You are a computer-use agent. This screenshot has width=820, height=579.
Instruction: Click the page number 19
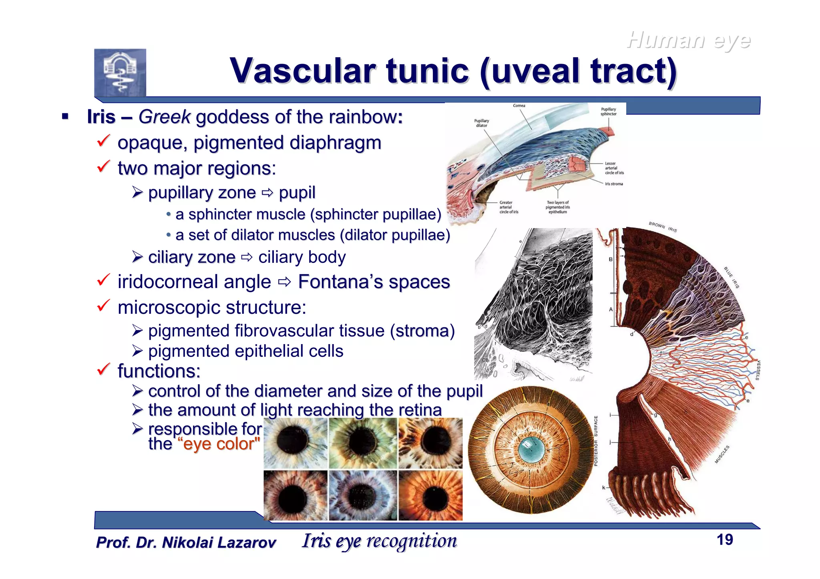(x=725, y=540)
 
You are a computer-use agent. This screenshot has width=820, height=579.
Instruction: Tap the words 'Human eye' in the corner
(x=689, y=40)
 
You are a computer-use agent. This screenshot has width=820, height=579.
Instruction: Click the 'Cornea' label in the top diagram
(x=519, y=106)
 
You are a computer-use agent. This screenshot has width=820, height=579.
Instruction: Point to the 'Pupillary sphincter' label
(x=608, y=111)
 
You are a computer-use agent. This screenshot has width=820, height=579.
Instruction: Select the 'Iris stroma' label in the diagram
(x=614, y=184)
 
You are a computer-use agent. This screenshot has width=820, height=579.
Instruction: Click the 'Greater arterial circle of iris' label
(x=508, y=207)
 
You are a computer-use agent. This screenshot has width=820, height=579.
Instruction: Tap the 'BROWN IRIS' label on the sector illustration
(x=663, y=227)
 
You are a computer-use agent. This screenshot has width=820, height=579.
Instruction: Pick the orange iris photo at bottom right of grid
(x=430, y=495)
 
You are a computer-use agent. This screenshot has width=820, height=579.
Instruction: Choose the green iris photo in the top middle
(x=363, y=443)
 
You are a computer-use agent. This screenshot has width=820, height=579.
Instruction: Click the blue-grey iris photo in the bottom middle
(x=363, y=495)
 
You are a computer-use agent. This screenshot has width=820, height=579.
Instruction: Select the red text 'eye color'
(x=221, y=444)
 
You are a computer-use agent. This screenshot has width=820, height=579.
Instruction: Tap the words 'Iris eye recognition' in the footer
(x=379, y=541)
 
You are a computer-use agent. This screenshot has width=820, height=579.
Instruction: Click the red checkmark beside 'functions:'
(x=103, y=369)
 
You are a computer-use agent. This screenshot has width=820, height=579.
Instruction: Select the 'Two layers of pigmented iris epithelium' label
(x=557, y=207)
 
